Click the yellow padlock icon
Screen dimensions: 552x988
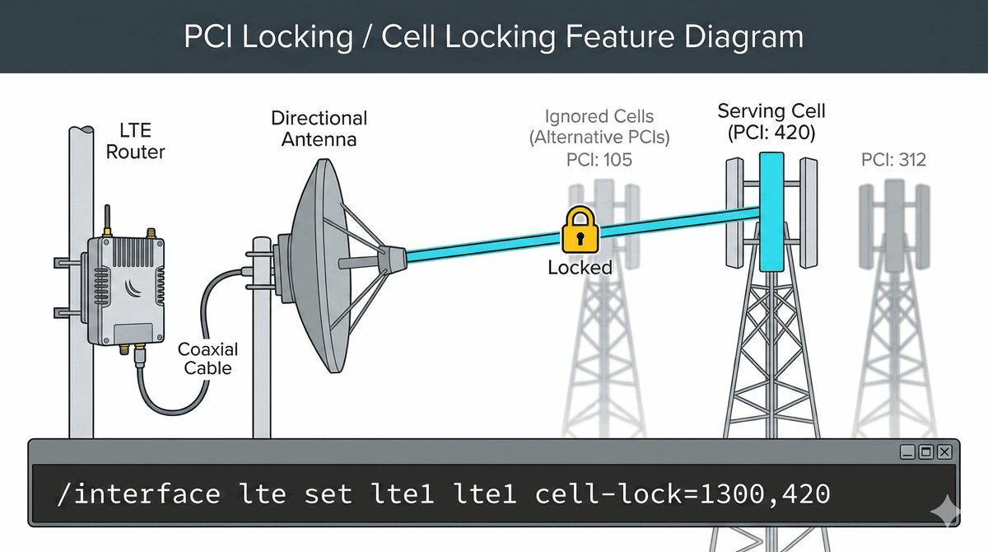click(x=580, y=230)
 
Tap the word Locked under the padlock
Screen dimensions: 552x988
click(x=580, y=267)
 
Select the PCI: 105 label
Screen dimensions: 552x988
click(x=599, y=159)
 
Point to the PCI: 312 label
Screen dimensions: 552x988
click(x=893, y=159)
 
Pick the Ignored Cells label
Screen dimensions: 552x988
click(x=599, y=117)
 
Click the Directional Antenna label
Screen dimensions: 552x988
click(x=319, y=129)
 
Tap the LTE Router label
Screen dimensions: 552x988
click(x=137, y=141)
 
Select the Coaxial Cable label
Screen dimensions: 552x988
click(x=207, y=358)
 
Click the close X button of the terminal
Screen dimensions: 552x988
click(x=944, y=451)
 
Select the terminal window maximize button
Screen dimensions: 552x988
click(x=925, y=451)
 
